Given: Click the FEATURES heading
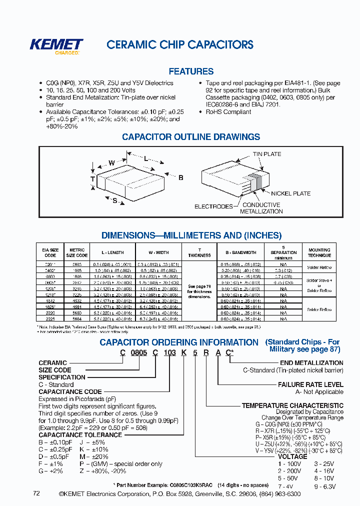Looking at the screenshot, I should click(x=191, y=71).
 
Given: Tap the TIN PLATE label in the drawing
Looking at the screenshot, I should click(x=266, y=154).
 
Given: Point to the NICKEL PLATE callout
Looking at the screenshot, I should click(x=290, y=193).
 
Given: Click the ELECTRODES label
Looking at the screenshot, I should click(x=213, y=206).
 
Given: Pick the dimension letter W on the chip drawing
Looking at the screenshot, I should click(x=111, y=162).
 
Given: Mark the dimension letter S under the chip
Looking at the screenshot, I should click(x=114, y=200).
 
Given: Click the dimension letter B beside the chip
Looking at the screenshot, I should click(x=180, y=178).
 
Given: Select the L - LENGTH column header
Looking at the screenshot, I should click(x=112, y=252).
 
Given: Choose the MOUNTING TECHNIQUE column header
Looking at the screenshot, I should click(x=319, y=252).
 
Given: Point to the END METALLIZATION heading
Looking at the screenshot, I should click(x=311, y=363).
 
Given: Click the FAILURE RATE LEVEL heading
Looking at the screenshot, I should click(x=310, y=384).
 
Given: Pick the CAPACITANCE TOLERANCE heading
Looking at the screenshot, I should click(x=80, y=435).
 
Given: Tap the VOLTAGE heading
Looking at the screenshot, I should click(x=292, y=456).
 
